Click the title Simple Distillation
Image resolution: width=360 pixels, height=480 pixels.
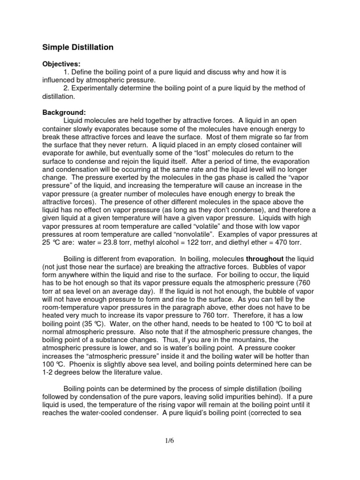point(78,47)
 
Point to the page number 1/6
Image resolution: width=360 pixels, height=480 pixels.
point(180,441)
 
